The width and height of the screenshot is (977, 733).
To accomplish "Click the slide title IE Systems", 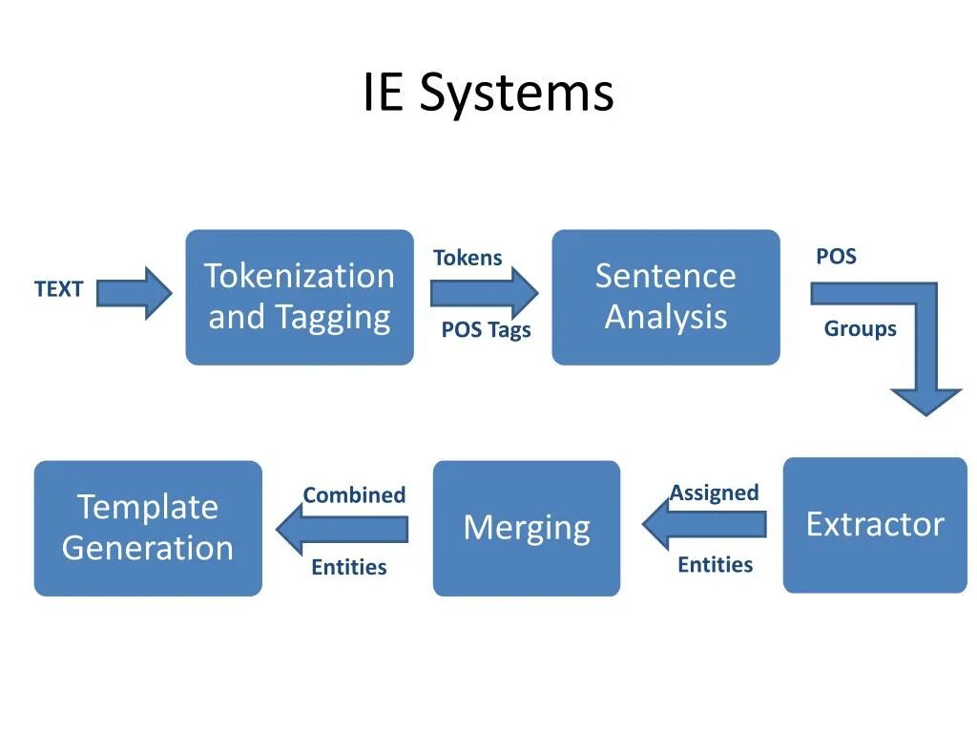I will point(488,94).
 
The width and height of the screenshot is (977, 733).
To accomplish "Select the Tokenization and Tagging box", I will point(300,297).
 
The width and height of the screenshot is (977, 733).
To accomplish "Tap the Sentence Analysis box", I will point(666,297).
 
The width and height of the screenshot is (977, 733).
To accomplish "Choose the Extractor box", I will point(875,525).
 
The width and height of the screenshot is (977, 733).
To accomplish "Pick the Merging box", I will point(527,528).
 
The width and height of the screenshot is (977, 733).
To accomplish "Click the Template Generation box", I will point(148,528).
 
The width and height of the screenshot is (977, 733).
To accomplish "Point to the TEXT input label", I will point(59,289).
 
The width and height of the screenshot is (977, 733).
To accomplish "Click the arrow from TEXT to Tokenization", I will point(135,293).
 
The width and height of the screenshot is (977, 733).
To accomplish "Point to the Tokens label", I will point(468,258).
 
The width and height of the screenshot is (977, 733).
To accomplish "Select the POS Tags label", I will point(486,330).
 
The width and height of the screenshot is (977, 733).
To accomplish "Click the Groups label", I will point(860,329).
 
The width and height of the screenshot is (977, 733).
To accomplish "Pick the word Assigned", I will point(714,493).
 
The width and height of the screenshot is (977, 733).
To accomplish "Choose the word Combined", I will point(354,495).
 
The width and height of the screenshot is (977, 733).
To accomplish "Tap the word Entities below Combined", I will point(349,567).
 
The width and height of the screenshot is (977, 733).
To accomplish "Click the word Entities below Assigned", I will point(715,565).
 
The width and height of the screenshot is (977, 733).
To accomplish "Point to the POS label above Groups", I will point(836,257).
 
